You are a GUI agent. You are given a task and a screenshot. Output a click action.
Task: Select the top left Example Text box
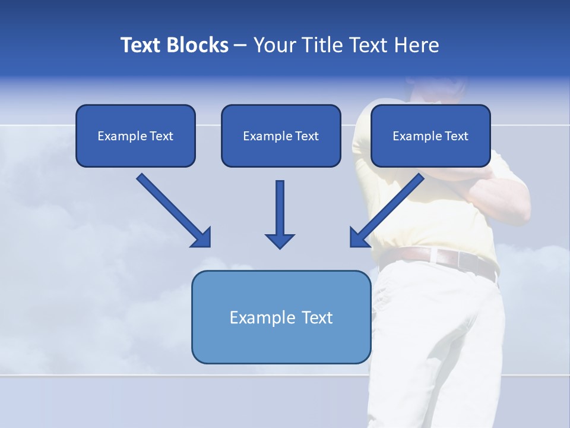[135, 136]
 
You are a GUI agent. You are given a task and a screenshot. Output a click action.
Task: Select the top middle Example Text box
[281, 136]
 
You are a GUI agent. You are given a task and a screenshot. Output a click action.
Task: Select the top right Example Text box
[430, 136]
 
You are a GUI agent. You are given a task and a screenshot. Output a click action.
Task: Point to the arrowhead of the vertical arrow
[280, 241]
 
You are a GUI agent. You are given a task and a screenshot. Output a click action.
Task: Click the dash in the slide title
[240, 45]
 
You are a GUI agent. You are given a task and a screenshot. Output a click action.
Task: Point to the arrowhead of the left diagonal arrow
[202, 238]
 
